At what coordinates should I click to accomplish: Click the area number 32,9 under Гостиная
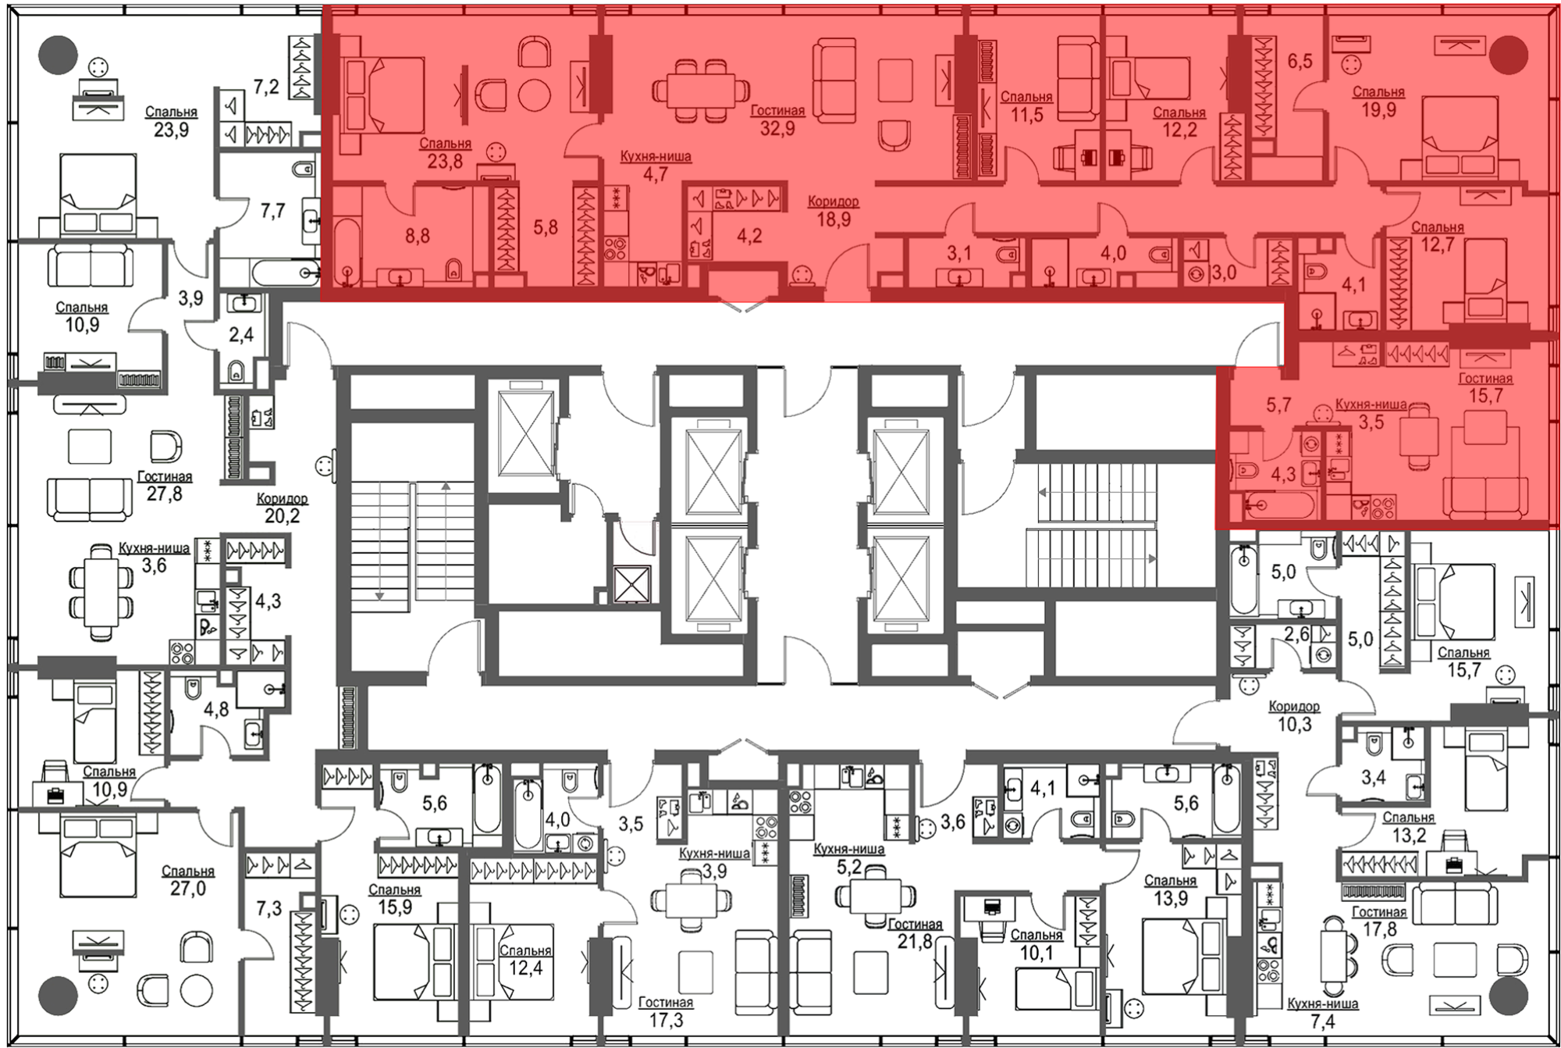click(777, 128)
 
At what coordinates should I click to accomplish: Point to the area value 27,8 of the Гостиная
click(164, 494)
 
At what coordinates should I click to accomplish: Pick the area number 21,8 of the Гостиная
click(915, 942)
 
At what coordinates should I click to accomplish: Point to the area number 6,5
click(1300, 61)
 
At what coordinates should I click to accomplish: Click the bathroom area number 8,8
click(418, 236)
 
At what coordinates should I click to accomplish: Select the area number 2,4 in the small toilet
click(241, 335)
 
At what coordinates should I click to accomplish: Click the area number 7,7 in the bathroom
click(273, 211)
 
